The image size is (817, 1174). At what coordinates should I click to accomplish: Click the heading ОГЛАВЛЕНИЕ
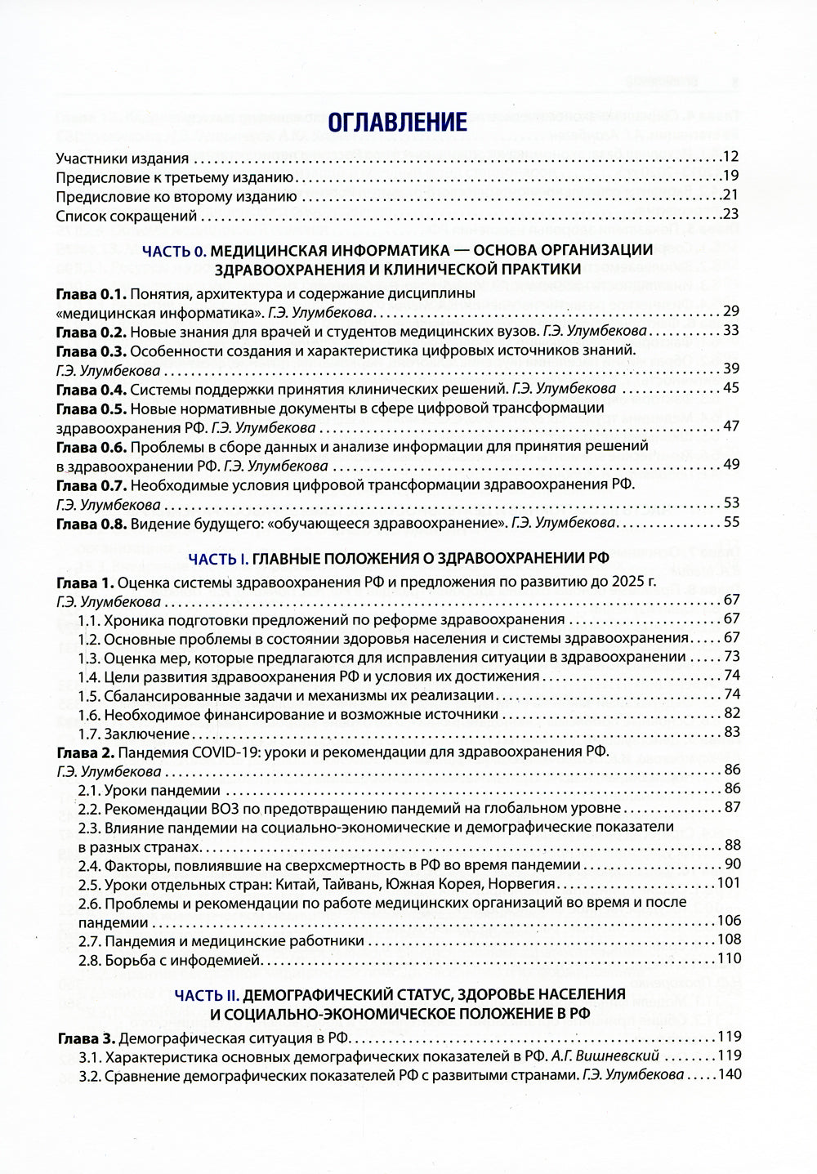tap(397, 123)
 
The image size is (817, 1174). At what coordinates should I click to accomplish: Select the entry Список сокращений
tap(127, 216)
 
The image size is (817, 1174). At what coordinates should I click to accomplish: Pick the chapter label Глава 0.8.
tap(91, 524)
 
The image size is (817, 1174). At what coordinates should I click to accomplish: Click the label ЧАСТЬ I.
tap(217, 559)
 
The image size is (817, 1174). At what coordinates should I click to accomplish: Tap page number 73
tap(731, 657)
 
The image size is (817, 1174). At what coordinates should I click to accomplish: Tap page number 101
tap(727, 883)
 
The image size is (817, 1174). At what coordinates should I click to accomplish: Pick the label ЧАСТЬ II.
tap(207, 995)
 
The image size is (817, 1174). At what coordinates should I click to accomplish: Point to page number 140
tap(727, 1074)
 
